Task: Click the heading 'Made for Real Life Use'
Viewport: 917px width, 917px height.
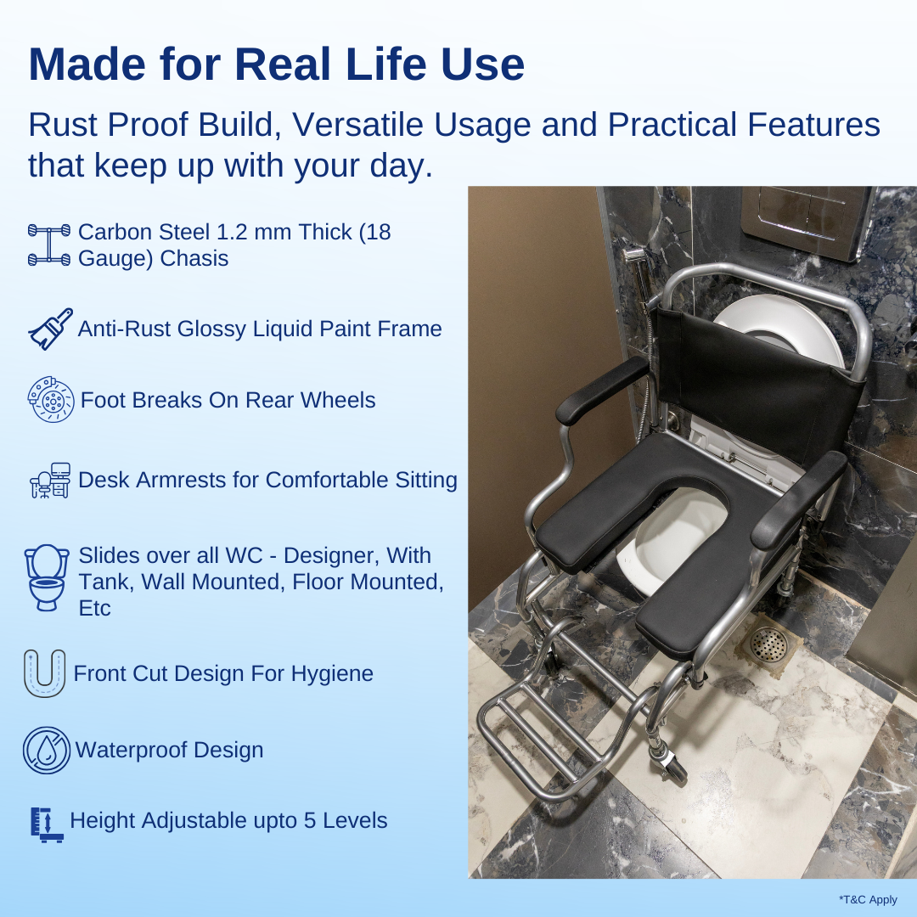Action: pyautogui.click(x=276, y=65)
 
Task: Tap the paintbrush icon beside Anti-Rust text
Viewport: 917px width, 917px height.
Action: pyautogui.click(x=50, y=329)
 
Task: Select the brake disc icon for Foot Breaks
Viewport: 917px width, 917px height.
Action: pyautogui.click(x=50, y=399)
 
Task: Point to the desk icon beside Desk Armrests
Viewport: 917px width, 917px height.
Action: pyautogui.click(x=50, y=481)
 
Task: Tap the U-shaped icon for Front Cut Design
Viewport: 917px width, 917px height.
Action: pyautogui.click(x=44, y=672)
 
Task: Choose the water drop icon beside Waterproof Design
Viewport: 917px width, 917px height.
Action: pyautogui.click(x=46, y=750)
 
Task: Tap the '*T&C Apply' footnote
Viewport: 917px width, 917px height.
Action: pyautogui.click(x=868, y=900)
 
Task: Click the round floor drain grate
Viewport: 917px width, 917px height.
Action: pyautogui.click(x=769, y=644)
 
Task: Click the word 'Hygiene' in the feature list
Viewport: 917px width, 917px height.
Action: pyautogui.click(x=332, y=673)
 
